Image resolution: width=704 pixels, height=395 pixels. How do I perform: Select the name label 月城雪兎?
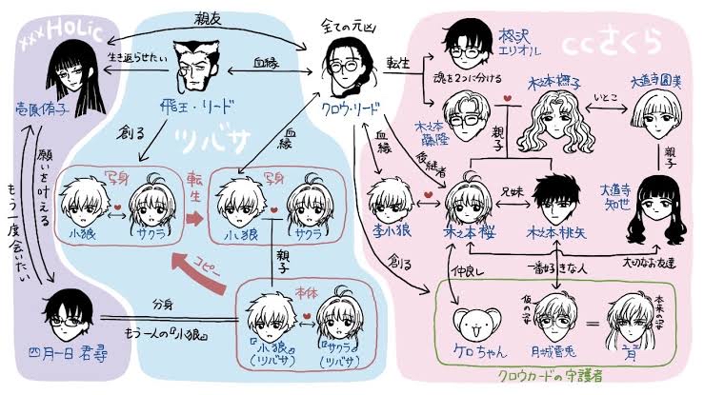[x=546, y=351]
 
